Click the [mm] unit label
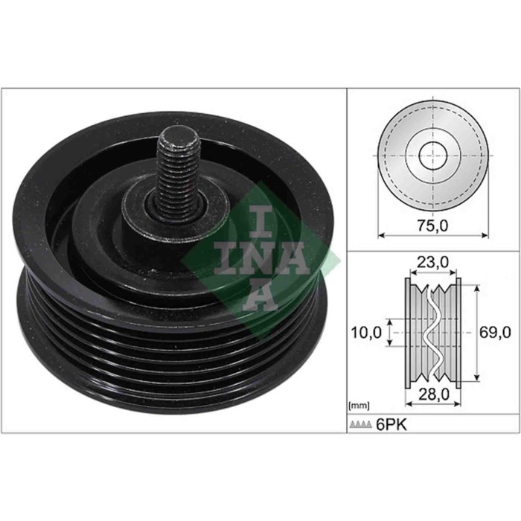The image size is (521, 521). click(359, 406)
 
